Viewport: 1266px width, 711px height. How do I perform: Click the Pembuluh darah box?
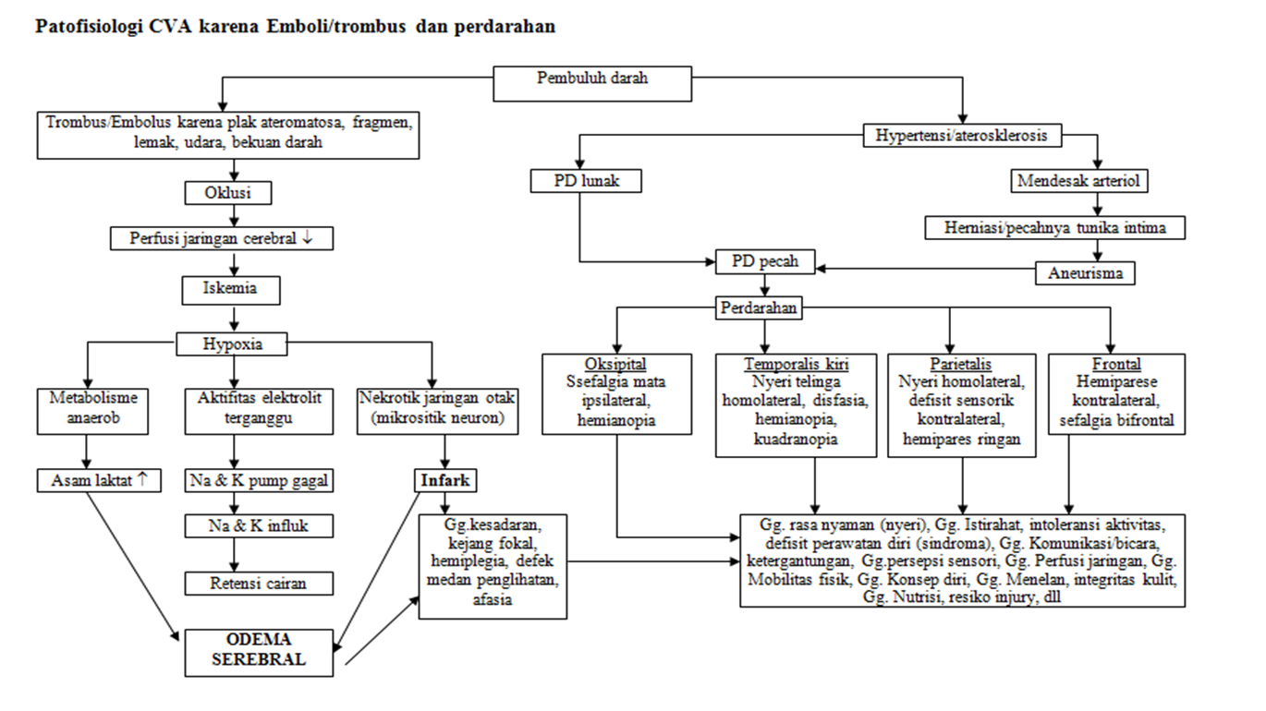click(x=592, y=83)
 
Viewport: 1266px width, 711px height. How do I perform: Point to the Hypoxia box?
click(x=232, y=344)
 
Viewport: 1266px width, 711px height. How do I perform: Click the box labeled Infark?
click(x=445, y=480)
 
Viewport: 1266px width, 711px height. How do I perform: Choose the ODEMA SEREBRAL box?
click(x=258, y=651)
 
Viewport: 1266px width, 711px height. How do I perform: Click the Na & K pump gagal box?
click(x=258, y=480)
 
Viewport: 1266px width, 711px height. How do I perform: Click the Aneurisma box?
click(x=1084, y=273)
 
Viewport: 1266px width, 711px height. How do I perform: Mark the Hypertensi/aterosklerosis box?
click(x=963, y=136)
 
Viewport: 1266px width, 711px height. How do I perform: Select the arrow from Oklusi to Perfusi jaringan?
click(x=234, y=216)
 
